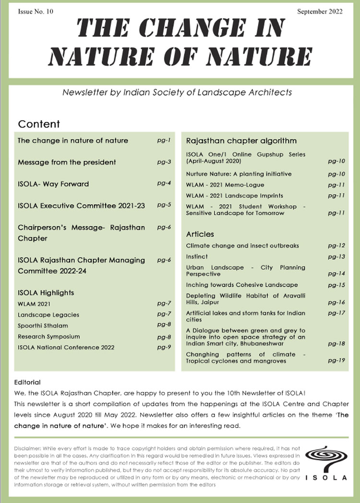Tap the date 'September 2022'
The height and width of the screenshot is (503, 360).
(x=320, y=12)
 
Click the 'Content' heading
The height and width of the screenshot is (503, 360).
(x=39, y=124)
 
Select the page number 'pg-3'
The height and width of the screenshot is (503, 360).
(x=164, y=162)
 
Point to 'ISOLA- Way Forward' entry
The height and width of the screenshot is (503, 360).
(x=53, y=184)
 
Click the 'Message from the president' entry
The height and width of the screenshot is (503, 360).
(x=67, y=162)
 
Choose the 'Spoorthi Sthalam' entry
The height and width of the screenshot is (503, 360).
(x=43, y=326)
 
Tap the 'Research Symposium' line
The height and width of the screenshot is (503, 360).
(x=49, y=336)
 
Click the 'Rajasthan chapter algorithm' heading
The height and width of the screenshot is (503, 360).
(x=241, y=141)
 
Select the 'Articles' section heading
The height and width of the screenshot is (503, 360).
(x=200, y=234)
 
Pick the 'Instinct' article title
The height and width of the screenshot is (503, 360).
(x=197, y=257)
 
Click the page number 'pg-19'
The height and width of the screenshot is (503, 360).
(x=336, y=360)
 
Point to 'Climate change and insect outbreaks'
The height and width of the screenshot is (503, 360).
(x=242, y=245)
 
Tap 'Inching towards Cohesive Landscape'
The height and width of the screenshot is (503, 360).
(x=242, y=285)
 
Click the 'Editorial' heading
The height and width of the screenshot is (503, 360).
(x=27, y=382)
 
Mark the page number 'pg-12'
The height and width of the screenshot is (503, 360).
(x=336, y=245)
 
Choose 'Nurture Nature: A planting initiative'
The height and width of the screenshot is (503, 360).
(x=239, y=174)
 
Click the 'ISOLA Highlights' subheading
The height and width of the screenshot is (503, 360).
(x=46, y=293)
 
